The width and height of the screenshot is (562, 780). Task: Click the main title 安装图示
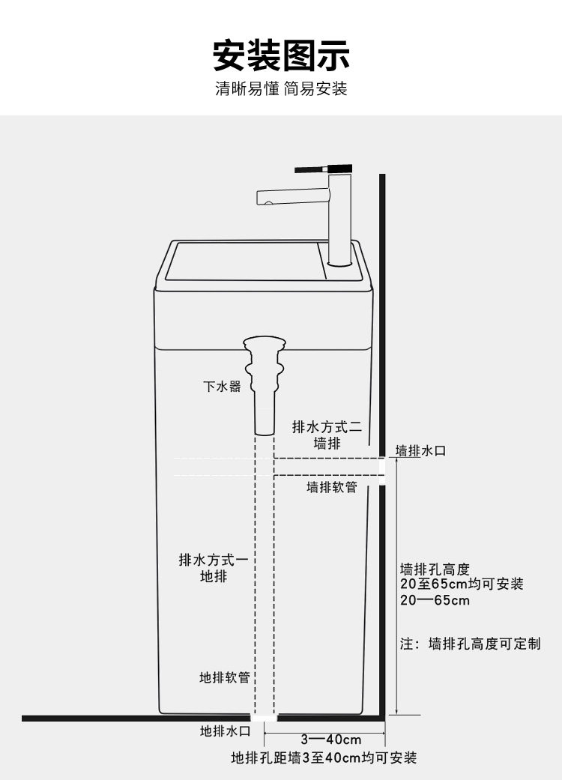(281, 55)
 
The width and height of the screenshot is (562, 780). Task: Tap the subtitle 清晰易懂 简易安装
(281, 89)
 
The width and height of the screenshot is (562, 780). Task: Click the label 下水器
(223, 387)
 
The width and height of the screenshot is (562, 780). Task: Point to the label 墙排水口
(421, 451)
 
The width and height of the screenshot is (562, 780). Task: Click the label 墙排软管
(332, 488)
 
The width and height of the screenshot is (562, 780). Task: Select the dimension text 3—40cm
(331, 739)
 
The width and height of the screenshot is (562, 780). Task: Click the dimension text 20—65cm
(435, 600)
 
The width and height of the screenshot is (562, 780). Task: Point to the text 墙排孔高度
(435, 568)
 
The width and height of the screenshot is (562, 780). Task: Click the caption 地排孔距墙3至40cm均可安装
(324, 758)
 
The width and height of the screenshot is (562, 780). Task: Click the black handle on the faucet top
(313, 169)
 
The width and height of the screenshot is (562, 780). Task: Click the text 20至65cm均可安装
(462, 584)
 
